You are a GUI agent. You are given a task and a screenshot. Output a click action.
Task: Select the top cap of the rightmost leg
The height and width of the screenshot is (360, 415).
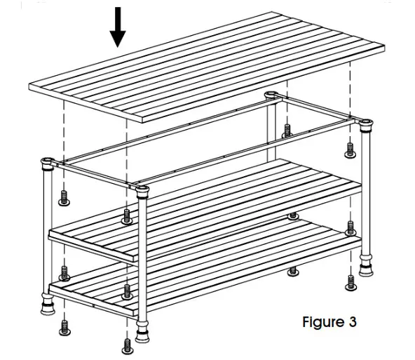tap(364, 123)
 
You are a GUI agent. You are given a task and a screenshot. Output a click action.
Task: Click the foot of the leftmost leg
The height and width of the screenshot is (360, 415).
tap(48, 307)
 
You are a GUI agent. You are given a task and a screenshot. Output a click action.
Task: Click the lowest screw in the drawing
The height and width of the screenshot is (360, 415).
tap(127, 345)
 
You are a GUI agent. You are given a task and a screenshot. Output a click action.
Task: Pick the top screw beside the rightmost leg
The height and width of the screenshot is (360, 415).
tap(350, 149)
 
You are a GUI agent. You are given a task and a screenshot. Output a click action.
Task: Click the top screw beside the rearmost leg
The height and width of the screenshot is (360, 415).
tap(287, 130)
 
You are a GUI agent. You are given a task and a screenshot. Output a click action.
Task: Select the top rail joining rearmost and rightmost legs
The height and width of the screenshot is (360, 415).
tap(319, 109)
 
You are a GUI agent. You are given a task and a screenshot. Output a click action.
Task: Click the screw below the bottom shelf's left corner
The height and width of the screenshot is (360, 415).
tap(64, 327)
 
